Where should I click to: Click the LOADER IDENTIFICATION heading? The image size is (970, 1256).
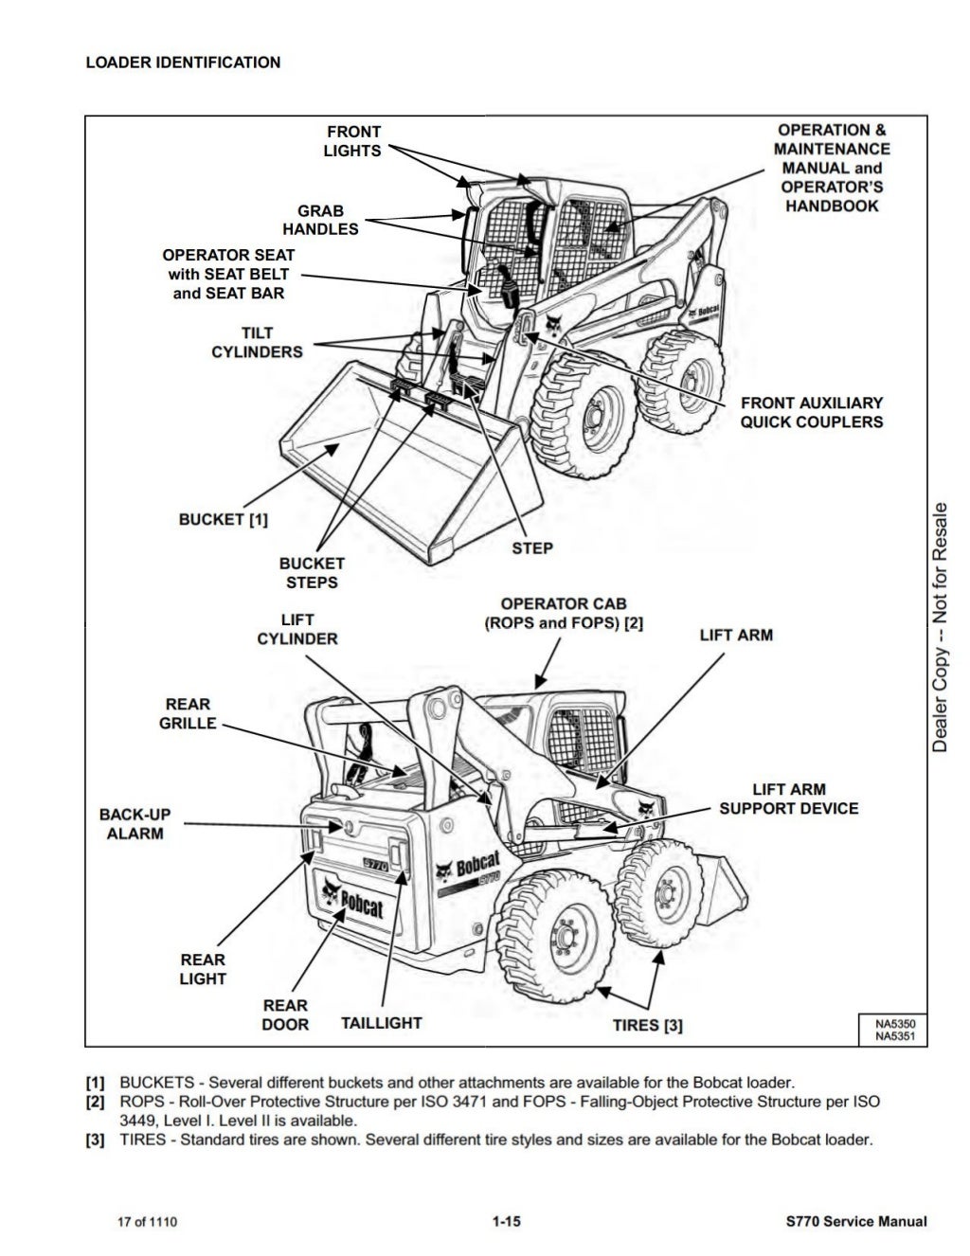pyautogui.click(x=183, y=63)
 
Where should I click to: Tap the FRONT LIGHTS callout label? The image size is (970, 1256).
pyautogui.click(x=352, y=141)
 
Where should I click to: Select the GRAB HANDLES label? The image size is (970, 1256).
pyautogui.click(x=320, y=220)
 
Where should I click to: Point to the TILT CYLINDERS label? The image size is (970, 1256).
pyautogui.click(x=257, y=343)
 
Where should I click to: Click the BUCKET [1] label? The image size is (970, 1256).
pyautogui.click(x=224, y=519)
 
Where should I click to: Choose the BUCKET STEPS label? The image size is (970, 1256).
pyautogui.click(x=312, y=573)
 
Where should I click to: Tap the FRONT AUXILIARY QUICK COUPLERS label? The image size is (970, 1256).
pyautogui.click(x=811, y=412)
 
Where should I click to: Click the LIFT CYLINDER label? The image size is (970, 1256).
pyautogui.click(x=297, y=630)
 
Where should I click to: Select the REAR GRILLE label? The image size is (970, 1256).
pyautogui.click(x=190, y=714)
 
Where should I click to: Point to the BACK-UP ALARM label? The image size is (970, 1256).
pyautogui.click(x=135, y=824)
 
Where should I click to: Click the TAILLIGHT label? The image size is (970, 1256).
pyautogui.click(x=381, y=1023)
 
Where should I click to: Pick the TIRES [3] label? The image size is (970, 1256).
pyautogui.click(x=647, y=1025)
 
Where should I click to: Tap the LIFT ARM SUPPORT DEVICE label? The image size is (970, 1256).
pyautogui.click(x=788, y=798)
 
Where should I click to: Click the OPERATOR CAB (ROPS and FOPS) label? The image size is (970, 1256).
pyautogui.click(x=564, y=614)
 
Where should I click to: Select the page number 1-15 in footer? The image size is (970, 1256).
pyautogui.click(x=507, y=1222)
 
